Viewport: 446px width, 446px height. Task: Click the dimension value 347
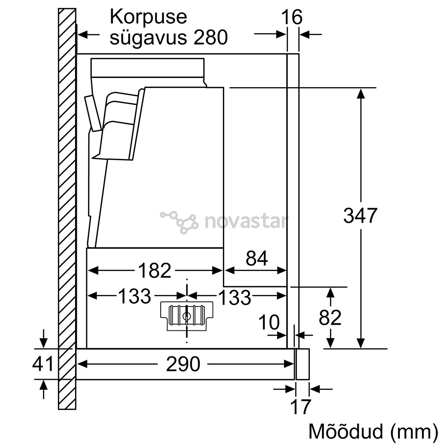click(360, 216)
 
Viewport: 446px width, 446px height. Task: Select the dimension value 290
click(183, 364)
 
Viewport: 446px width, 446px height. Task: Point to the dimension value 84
click(256, 259)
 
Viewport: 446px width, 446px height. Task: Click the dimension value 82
click(330, 318)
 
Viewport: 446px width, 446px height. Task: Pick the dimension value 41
click(43, 364)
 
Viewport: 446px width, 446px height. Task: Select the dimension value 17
click(300, 407)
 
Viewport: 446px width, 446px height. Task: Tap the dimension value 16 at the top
click(292, 17)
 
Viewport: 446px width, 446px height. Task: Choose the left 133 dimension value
click(134, 296)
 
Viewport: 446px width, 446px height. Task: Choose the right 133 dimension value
click(234, 297)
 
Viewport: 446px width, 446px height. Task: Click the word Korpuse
click(148, 18)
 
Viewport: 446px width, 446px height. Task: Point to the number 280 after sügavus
click(210, 38)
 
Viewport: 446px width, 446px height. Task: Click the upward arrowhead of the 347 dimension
click(361, 94)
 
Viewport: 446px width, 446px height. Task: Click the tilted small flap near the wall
click(93, 112)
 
